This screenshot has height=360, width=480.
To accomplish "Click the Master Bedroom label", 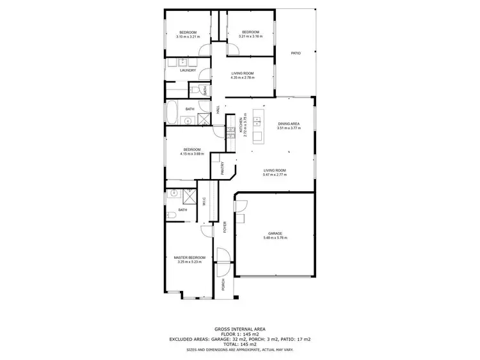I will point(189,257).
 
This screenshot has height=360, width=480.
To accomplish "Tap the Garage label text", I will point(275,233).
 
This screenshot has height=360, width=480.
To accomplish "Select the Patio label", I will point(296,53).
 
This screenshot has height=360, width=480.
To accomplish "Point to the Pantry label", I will point(222,168).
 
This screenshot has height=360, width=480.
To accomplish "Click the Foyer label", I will point(224,228).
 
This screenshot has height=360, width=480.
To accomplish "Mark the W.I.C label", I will point(204,201).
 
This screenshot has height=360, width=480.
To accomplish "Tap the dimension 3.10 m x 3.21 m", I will point(188,36).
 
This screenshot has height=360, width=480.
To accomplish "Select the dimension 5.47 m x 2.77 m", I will point(275,175).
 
